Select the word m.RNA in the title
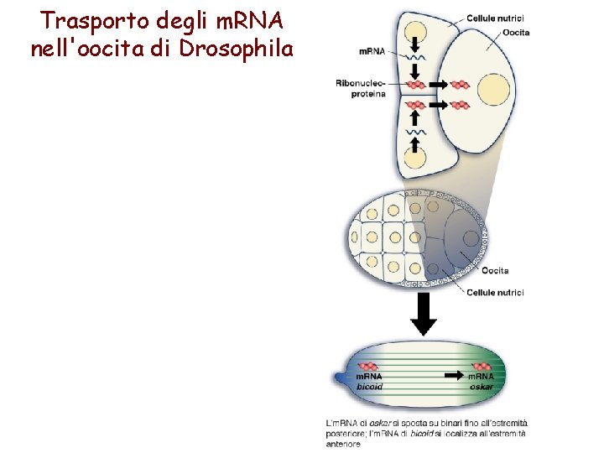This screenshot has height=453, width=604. point(247,18)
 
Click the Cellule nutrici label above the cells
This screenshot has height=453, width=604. point(495,18)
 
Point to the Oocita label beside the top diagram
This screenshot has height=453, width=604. point(516,33)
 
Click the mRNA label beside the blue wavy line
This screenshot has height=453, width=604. point(372,51)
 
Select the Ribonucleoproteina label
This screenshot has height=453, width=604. point(361,88)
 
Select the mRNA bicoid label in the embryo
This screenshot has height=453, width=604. point(370,382)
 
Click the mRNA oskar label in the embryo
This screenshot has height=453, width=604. point(482,382)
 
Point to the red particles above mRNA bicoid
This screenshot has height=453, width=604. point(369,366)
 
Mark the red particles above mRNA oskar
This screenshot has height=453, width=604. point(482,366)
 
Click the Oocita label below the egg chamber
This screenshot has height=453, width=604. point(495,270)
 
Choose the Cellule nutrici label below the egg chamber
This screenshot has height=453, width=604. point(495,292)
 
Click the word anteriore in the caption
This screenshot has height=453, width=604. point(344,444)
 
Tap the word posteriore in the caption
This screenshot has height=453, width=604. point(348,433)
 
